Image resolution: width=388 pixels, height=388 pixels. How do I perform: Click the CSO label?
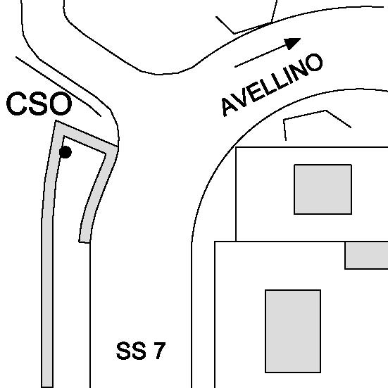tap(39, 104)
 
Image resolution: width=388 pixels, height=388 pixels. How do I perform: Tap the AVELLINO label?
tap(273, 85)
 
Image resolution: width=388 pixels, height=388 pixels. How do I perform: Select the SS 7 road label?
tap(141, 351)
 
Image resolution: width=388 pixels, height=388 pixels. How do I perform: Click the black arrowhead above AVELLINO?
tap(292, 43)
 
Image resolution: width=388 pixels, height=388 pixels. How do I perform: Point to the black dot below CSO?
tap(65, 152)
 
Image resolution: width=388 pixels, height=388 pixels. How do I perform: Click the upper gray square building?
tap(323, 189)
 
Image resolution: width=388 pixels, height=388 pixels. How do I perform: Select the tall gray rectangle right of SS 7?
tap(293, 331)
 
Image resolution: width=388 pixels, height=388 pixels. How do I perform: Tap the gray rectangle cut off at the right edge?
tap(366, 256)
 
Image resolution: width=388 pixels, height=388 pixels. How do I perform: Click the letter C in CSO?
tap(16, 104)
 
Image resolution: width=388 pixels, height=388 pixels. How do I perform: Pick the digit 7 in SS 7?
tap(160, 351)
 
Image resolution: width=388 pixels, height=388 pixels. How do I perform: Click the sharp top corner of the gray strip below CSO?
tap(56, 120)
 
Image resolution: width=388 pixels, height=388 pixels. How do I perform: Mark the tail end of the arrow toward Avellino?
tap(234, 67)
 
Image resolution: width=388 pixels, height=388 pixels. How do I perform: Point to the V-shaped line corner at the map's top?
tap(234, 33)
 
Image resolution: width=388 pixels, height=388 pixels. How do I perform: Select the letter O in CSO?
tap(61, 104)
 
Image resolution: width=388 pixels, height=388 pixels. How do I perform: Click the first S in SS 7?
tap(123, 351)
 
